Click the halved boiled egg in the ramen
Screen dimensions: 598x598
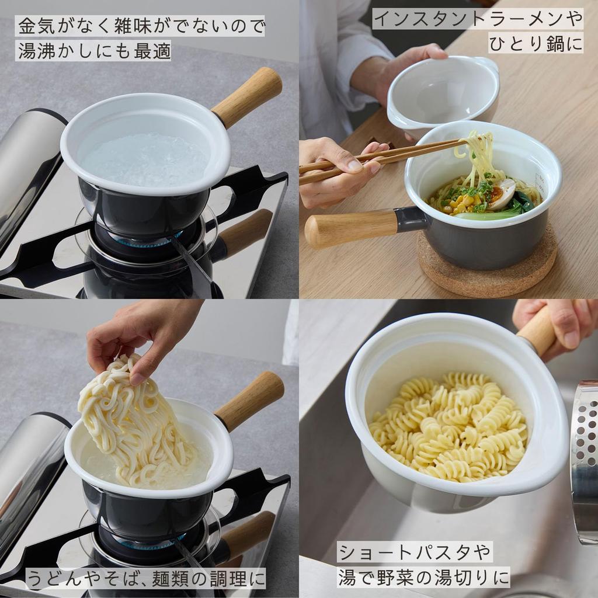pyautogui.click(x=501, y=194)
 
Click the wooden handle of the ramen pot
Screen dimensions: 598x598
pyautogui.click(x=350, y=227)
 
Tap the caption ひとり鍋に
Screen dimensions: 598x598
pyautogui.click(x=536, y=44)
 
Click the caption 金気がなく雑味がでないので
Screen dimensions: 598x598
pyautogui.click(x=140, y=26)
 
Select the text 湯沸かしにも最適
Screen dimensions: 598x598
pyautogui.click(x=93, y=51)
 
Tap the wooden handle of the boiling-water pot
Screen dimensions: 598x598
pyautogui.click(x=248, y=96)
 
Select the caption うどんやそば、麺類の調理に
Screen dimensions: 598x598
pyautogui.click(x=146, y=578)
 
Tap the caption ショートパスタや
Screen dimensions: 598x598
pyautogui.click(x=415, y=552)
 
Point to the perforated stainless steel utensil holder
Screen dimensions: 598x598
pyautogui.click(x=585, y=456)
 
